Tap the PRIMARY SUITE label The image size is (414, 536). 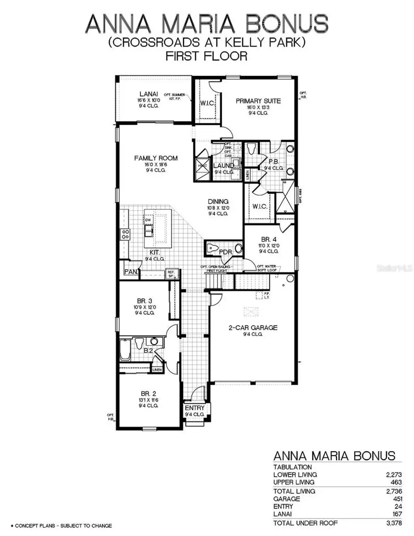coord(258,101)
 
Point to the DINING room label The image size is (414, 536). coord(218,202)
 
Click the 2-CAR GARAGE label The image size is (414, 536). coord(253,328)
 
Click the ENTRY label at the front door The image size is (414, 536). coord(195,408)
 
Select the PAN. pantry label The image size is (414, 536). coord(130,272)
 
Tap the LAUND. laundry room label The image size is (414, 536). coord(224,165)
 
